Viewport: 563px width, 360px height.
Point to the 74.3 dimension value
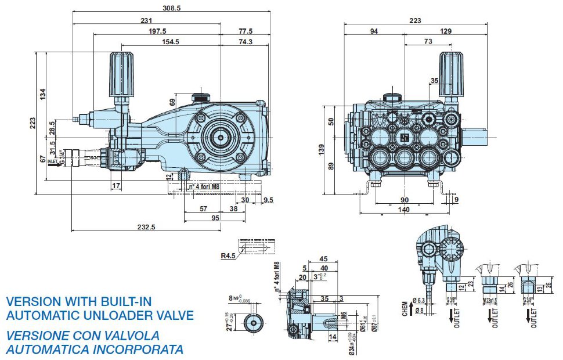(x=245, y=42)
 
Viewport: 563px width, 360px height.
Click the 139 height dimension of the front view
(x=329, y=149)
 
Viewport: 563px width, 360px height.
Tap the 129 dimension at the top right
(x=446, y=31)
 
